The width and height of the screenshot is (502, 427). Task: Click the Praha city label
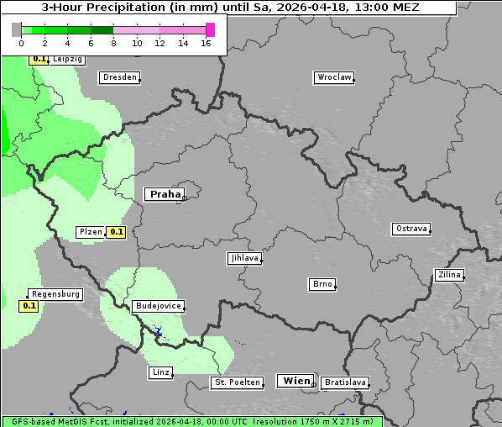pyautogui.click(x=165, y=194)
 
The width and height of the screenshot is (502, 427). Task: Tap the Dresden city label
pyautogui.click(x=119, y=77)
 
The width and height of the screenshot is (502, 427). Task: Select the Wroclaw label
pyautogui.click(x=334, y=77)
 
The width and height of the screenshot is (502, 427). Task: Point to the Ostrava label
pyautogui.click(x=411, y=229)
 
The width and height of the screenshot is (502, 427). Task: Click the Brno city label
pyautogui.click(x=322, y=284)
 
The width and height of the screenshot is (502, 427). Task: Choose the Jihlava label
pyautogui.click(x=244, y=259)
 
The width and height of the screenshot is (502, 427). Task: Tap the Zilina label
pyautogui.click(x=450, y=275)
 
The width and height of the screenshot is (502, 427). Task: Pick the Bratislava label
pyautogui.click(x=345, y=382)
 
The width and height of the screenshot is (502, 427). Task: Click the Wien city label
pyautogui.click(x=296, y=381)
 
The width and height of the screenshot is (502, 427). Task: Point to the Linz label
pyautogui.click(x=160, y=372)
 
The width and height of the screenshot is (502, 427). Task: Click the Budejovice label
pyautogui.click(x=157, y=306)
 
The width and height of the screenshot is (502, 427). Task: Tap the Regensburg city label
pyautogui.click(x=56, y=294)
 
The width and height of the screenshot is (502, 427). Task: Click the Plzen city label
pyautogui.click(x=90, y=232)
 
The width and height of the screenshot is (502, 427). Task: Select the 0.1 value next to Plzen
pyautogui.click(x=116, y=232)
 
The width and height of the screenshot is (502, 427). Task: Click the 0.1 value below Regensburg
pyautogui.click(x=29, y=306)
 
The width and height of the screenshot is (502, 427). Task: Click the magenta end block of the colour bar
pyautogui.click(x=210, y=29)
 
